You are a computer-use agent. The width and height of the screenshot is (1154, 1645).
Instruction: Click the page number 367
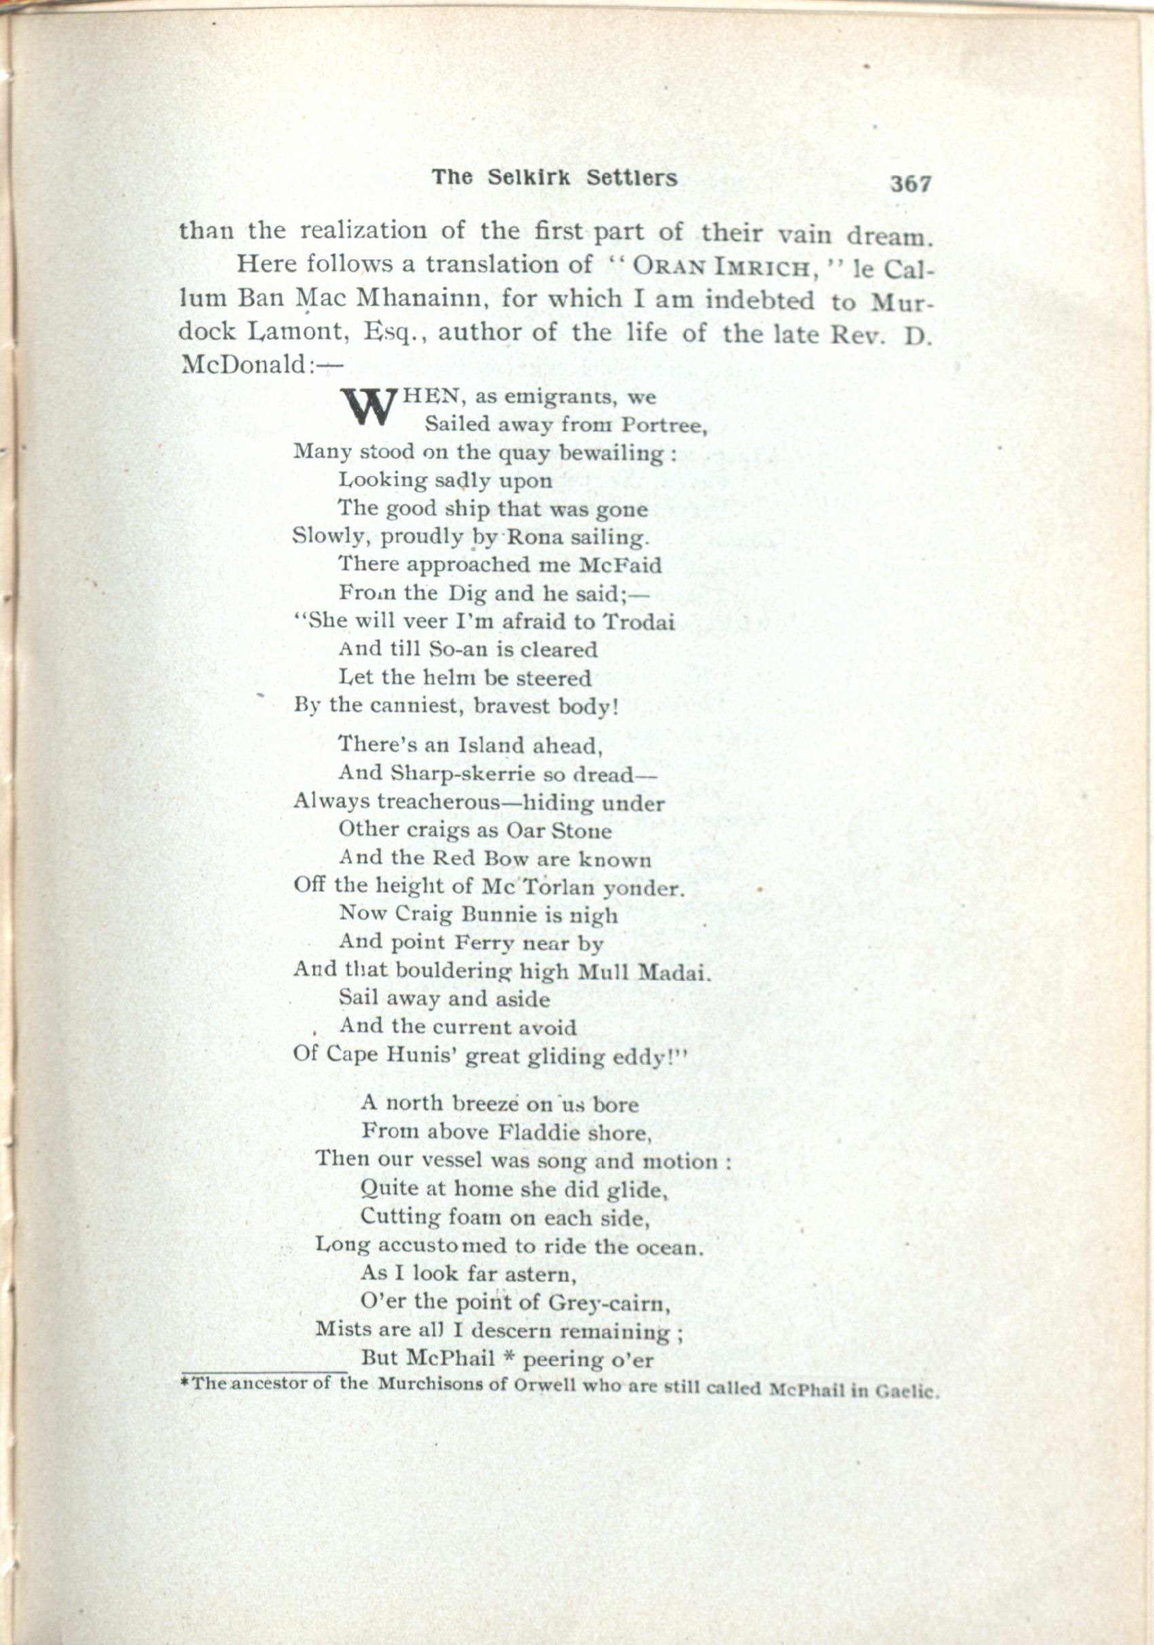pos(910,184)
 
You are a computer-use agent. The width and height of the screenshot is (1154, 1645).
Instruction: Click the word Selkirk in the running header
pos(529,179)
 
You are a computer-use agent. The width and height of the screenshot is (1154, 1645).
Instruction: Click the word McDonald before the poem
pos(244,365)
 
